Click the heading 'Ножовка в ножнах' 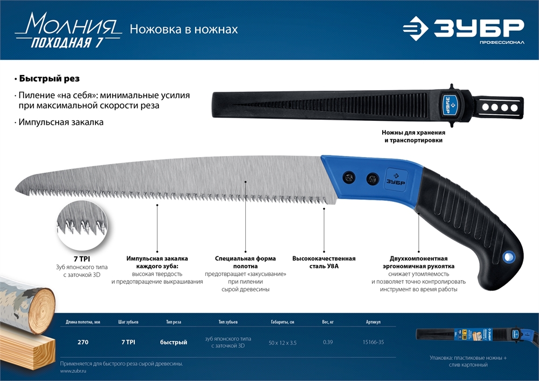tap(184, 29)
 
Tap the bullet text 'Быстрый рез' tap(49, 78)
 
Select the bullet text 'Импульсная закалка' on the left tap(60, 123)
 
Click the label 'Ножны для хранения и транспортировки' tap(413, 137)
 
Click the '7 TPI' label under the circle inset tap(82, 259)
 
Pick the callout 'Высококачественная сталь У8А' tap(324, 262)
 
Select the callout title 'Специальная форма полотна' tap(245, 262)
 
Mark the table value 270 tap(82, 342)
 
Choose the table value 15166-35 tap(372, 342)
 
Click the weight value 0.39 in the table tap(328, 342)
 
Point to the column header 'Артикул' tap(372, 322)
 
